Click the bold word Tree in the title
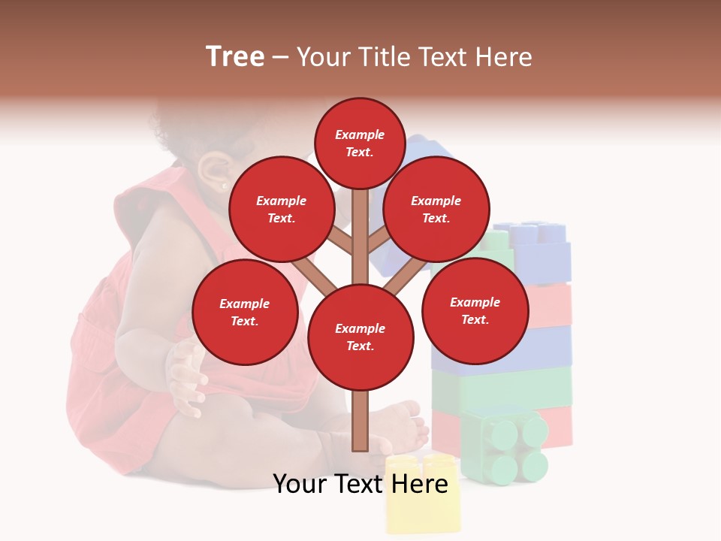(235, 57)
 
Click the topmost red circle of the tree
(360, 143)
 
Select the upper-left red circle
(281, 209)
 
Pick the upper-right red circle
(436, 209)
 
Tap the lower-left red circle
(245, 312)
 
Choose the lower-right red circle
(475, 310)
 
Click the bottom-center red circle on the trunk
(360, 337)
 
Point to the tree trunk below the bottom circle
(360, 421)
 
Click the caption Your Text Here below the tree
(360, 484)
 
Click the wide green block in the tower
(502, 386)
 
